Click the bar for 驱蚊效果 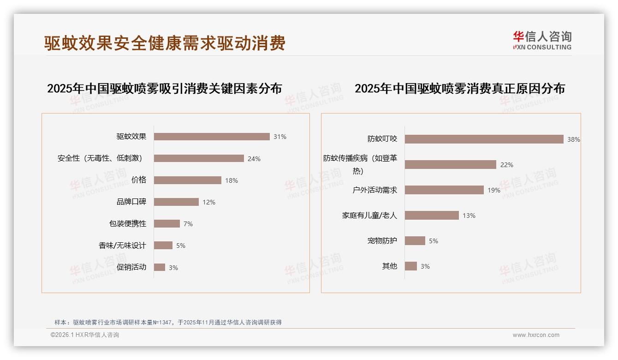point(212,137)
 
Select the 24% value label point(254,159)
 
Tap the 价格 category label point(139,180)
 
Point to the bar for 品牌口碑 point(176,202)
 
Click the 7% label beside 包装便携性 point(188,224)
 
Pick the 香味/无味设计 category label point(122,246)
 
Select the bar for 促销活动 point(160,267)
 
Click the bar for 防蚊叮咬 point(484,139)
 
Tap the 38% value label point(574,139)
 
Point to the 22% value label point(507,165)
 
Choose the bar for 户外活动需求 point(444,190)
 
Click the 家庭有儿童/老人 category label point(369,216)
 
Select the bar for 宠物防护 point(415,241)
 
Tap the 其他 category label point(390,266)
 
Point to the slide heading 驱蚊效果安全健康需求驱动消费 point(165,43)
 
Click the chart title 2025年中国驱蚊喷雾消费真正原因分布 point(460,89)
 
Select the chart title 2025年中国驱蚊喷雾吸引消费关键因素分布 point(165,89)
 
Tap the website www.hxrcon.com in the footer point(536,335)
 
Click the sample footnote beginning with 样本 point(168,323)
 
